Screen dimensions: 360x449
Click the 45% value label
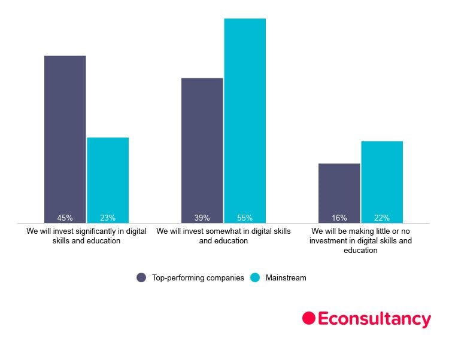(x=65, y=218)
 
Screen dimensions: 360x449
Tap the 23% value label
(x=108, y=218)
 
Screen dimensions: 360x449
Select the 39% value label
(x=202, y=218)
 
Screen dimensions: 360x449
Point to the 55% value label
(x=245, y=218)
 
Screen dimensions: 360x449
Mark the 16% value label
(x=339, y=218)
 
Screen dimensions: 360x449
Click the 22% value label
(x=382, y=218)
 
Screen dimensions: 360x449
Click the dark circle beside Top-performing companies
(x=141, y=277)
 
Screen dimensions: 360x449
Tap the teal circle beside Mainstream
(x=255, y=277)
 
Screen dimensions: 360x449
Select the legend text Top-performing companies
(x=198, y=277)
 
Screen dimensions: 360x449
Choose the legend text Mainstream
(x=286, y=277)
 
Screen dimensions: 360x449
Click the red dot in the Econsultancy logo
(x=308, y=318)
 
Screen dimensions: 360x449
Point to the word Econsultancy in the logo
(x=374, y=319)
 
